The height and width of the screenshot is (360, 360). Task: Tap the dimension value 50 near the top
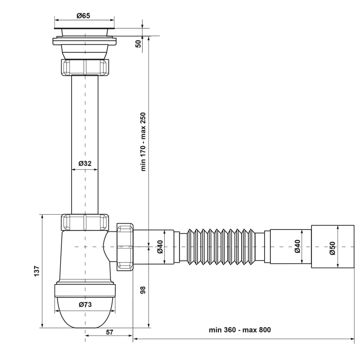coord(138,43)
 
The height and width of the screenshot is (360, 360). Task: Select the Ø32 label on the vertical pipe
coord(85,163)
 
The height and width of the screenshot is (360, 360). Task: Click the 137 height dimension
coord(37,271)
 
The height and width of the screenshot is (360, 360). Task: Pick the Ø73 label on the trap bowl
coord(85,305)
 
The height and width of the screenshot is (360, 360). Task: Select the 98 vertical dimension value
coord(143,289)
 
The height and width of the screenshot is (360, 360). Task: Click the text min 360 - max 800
coord(240,330)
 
